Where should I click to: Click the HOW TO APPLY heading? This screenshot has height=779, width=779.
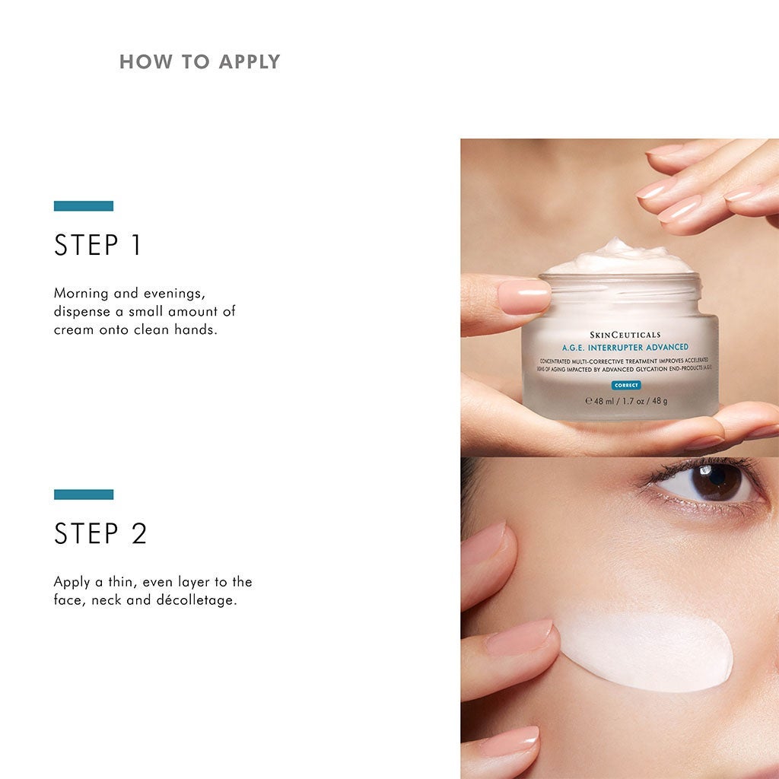point(199,62)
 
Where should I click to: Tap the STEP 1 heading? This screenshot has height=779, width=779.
point(98,246)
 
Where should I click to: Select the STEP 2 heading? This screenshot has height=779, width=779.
point(100,534)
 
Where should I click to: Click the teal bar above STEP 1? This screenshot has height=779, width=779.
point(84,205)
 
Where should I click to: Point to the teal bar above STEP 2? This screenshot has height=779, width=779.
point(84,494)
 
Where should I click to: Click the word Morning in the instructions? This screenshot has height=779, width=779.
point(80,294)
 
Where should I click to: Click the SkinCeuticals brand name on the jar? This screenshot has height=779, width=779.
point(625,335)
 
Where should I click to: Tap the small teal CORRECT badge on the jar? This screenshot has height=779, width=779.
point(625,385)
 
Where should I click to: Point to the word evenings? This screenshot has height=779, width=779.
point(168,294)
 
